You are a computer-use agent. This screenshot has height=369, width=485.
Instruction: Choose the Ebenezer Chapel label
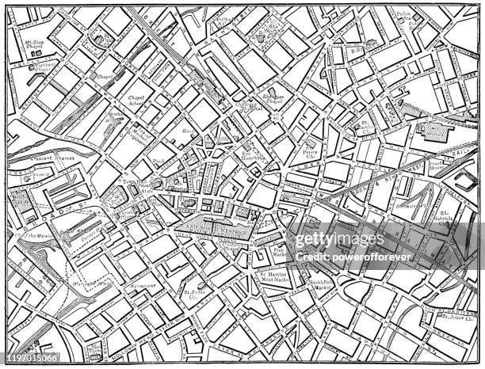273,100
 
